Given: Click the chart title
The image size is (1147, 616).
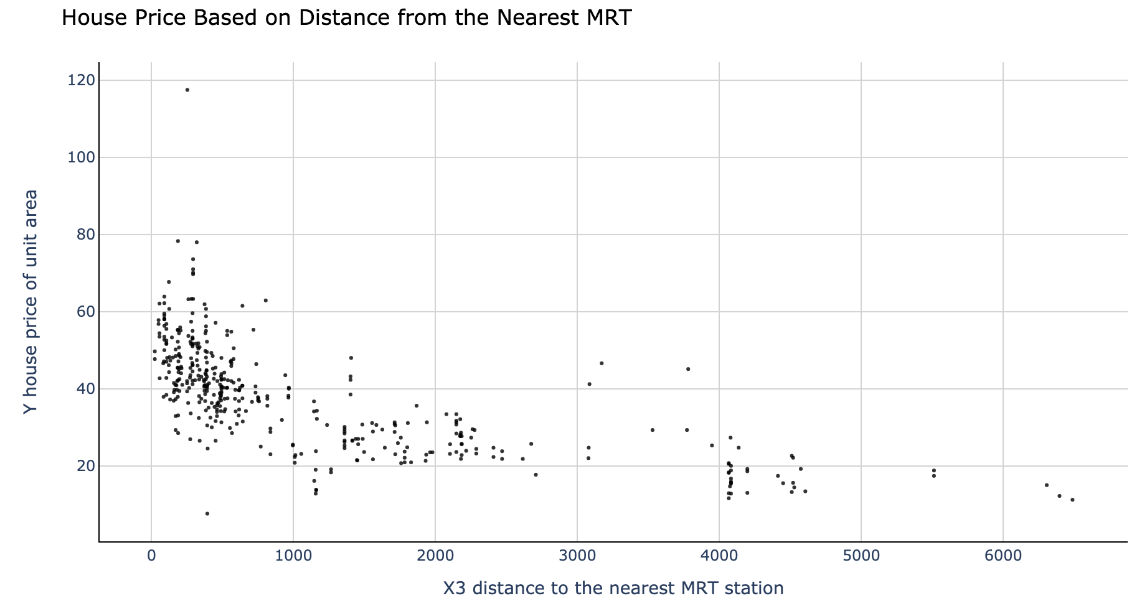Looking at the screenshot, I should [346, 17].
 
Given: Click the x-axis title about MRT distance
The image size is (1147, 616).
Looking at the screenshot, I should [613, 588].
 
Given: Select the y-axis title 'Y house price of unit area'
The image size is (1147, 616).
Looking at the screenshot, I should [31, 302].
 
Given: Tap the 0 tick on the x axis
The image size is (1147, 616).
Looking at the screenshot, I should [151, 556].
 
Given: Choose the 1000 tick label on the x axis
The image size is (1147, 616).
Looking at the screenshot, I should [293, 556].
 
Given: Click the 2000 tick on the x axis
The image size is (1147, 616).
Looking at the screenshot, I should [435, 556].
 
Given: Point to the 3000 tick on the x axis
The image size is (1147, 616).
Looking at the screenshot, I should [577, 556].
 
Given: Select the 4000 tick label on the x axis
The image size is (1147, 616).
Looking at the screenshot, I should [719, 556].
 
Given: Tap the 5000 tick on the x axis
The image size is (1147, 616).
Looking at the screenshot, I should [861, 556].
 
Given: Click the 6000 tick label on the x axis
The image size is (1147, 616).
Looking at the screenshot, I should [1003, 556].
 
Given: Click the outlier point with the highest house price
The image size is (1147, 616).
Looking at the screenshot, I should [187, 90].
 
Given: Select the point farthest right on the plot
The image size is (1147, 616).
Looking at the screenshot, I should [1072, 500].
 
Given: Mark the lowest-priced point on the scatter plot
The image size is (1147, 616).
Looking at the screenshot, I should [207, 513].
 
